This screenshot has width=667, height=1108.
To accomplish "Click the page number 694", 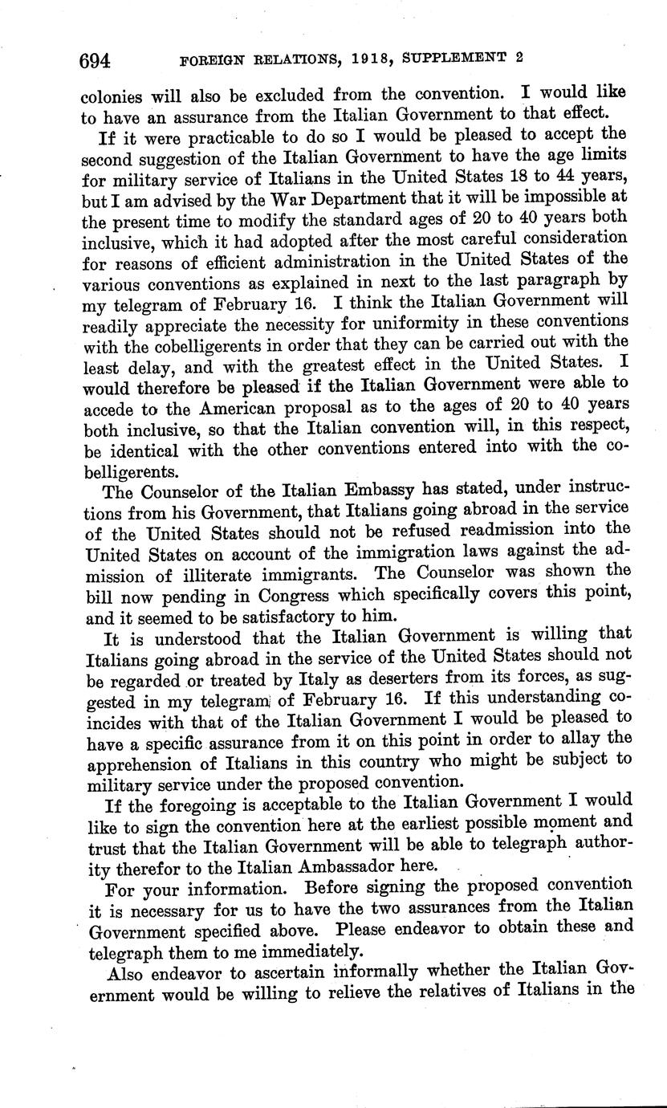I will point(94,61).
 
